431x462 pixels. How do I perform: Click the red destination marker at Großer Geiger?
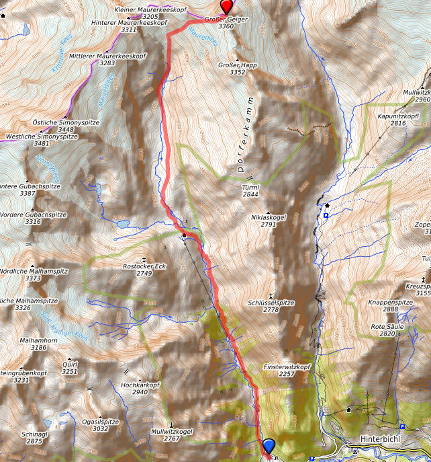228,7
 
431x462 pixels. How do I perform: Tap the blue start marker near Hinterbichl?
269,446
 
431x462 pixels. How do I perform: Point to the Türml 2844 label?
250,190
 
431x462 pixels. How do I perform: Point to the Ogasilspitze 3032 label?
100,424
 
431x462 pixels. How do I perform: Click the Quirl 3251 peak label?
70,367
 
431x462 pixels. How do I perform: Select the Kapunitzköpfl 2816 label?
398,119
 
